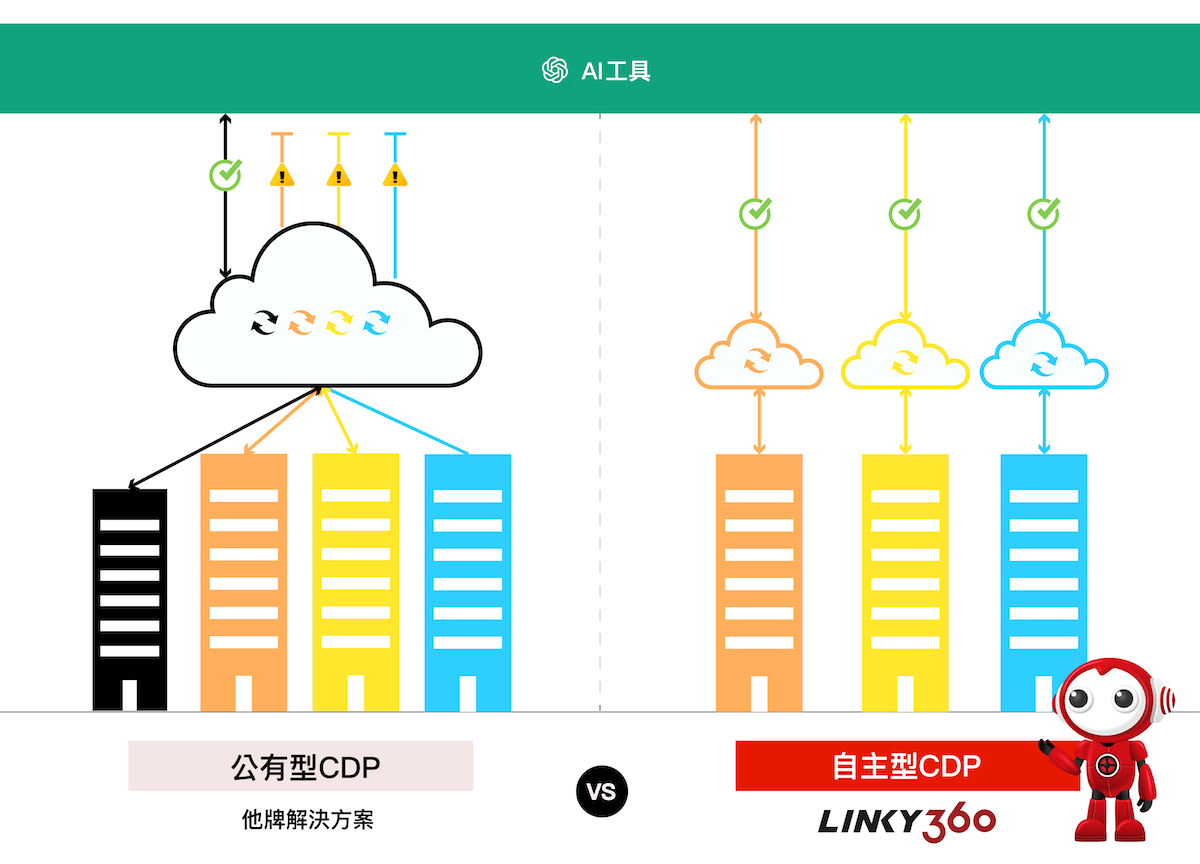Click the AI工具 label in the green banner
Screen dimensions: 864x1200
click(616, 70)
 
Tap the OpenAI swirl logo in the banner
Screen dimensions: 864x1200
click(554, 70)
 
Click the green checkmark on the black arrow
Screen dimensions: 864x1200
click(226, 175)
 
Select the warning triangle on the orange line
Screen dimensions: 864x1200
click(283, 176)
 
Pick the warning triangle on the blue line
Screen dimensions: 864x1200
click(396, 176)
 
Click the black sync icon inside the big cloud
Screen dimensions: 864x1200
click(264, 322)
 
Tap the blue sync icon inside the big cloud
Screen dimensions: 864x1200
click(377, 322)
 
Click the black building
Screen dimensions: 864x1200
click(130, 600)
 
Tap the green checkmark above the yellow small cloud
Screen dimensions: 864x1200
click(905, 213)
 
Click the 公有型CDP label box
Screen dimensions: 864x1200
click(300, 766)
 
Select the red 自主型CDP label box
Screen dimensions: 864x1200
click(906, 766)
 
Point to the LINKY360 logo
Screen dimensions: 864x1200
click(906, 821)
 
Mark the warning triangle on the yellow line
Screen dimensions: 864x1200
click(339, 176)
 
